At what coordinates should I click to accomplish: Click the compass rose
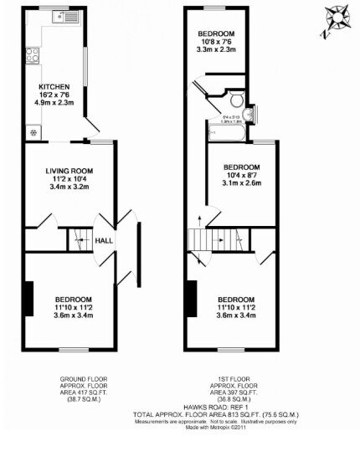(x=337, y=18)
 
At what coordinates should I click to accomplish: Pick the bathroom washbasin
(x=253, y=108)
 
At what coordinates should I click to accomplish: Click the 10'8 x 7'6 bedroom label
(x=216, y=33)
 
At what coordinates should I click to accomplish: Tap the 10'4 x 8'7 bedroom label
(x=241, y=167)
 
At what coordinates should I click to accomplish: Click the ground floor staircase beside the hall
(x=78, y=239)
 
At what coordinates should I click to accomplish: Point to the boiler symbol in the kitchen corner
(x=34, y=131)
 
